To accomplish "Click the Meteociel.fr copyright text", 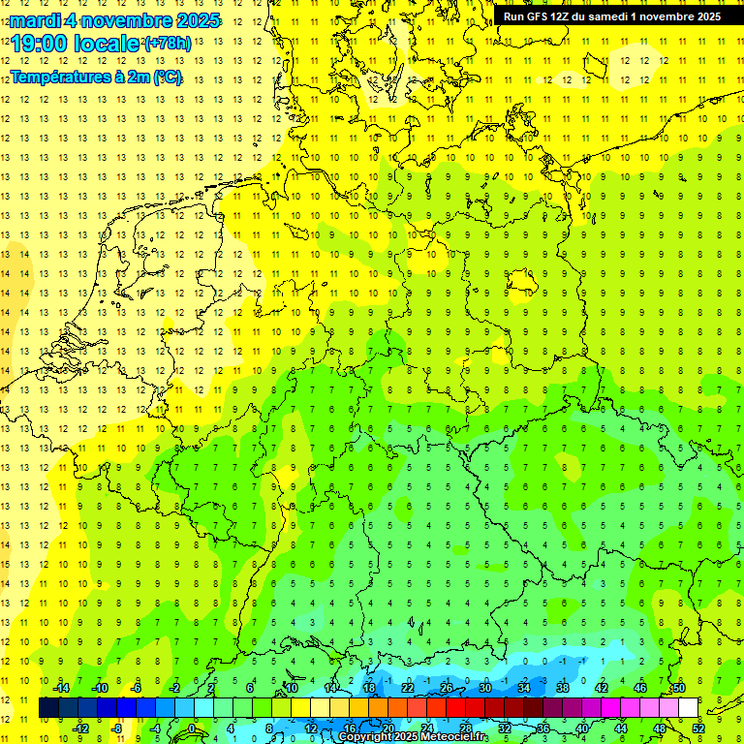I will tap(413, 736).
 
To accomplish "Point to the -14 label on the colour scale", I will tap(60, 688).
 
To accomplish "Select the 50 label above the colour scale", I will tap(678, 688).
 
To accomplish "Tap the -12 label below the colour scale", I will tap(79, 728).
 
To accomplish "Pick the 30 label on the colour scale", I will tap(485, 688).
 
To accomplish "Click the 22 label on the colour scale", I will tap(408, 688).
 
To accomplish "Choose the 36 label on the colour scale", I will tap(543, 728).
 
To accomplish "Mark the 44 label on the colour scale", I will tap(621, 728).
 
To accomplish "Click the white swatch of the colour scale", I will tap(688, 708).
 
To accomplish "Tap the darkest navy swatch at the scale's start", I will tap(48, 708).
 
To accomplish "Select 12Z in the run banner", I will tap(562, 16).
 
